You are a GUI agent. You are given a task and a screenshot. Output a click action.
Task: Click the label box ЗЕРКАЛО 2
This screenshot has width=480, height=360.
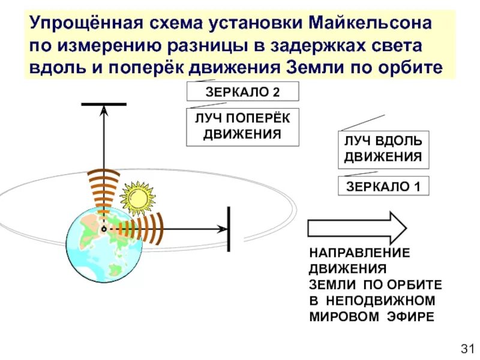(242, 92)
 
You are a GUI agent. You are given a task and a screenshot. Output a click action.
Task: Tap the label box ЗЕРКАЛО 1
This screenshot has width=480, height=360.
(383, 185)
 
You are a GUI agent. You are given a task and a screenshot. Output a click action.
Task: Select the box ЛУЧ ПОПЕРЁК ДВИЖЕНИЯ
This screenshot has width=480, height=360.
(242, 127)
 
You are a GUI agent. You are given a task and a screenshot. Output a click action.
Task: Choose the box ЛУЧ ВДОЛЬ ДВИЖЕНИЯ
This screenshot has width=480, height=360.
(383, 149)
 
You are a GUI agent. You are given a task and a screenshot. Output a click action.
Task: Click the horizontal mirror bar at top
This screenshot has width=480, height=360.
(104, 104)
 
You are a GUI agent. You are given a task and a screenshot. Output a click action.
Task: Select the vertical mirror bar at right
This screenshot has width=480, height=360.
(228, 229)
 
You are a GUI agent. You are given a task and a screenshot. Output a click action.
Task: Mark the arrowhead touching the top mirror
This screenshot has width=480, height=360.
(104, 110)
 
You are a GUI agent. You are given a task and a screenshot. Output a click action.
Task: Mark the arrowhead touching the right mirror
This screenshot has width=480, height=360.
(223, 229)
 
